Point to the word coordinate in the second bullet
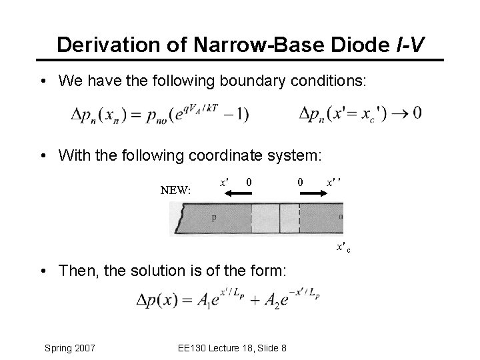point(226,155)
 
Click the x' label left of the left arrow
point(225,181)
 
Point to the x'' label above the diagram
point(333,181)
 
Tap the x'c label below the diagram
point(343,247)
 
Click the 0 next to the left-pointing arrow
point(248,181)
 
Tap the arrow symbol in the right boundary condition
point(399,113)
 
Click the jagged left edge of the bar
point(175,218)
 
